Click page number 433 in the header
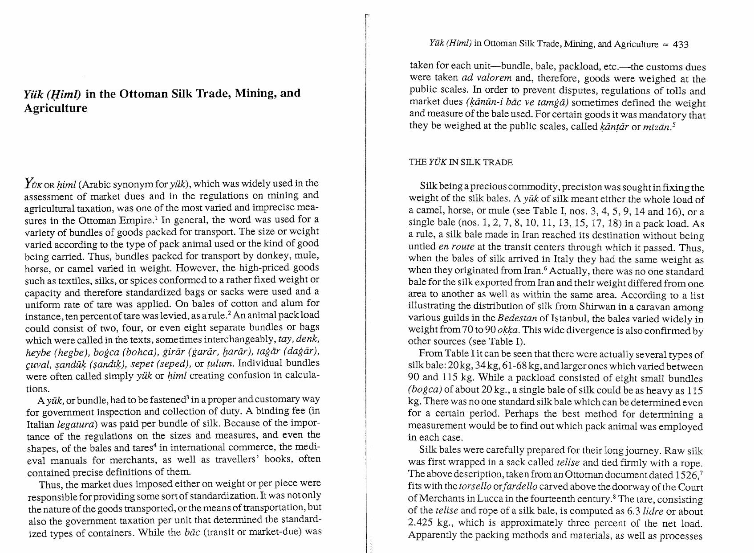[681, 44]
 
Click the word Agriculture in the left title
[55, 108]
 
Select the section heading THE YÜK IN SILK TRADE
[460, 162]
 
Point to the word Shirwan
[596, 307]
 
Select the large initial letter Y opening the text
[29, 183]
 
